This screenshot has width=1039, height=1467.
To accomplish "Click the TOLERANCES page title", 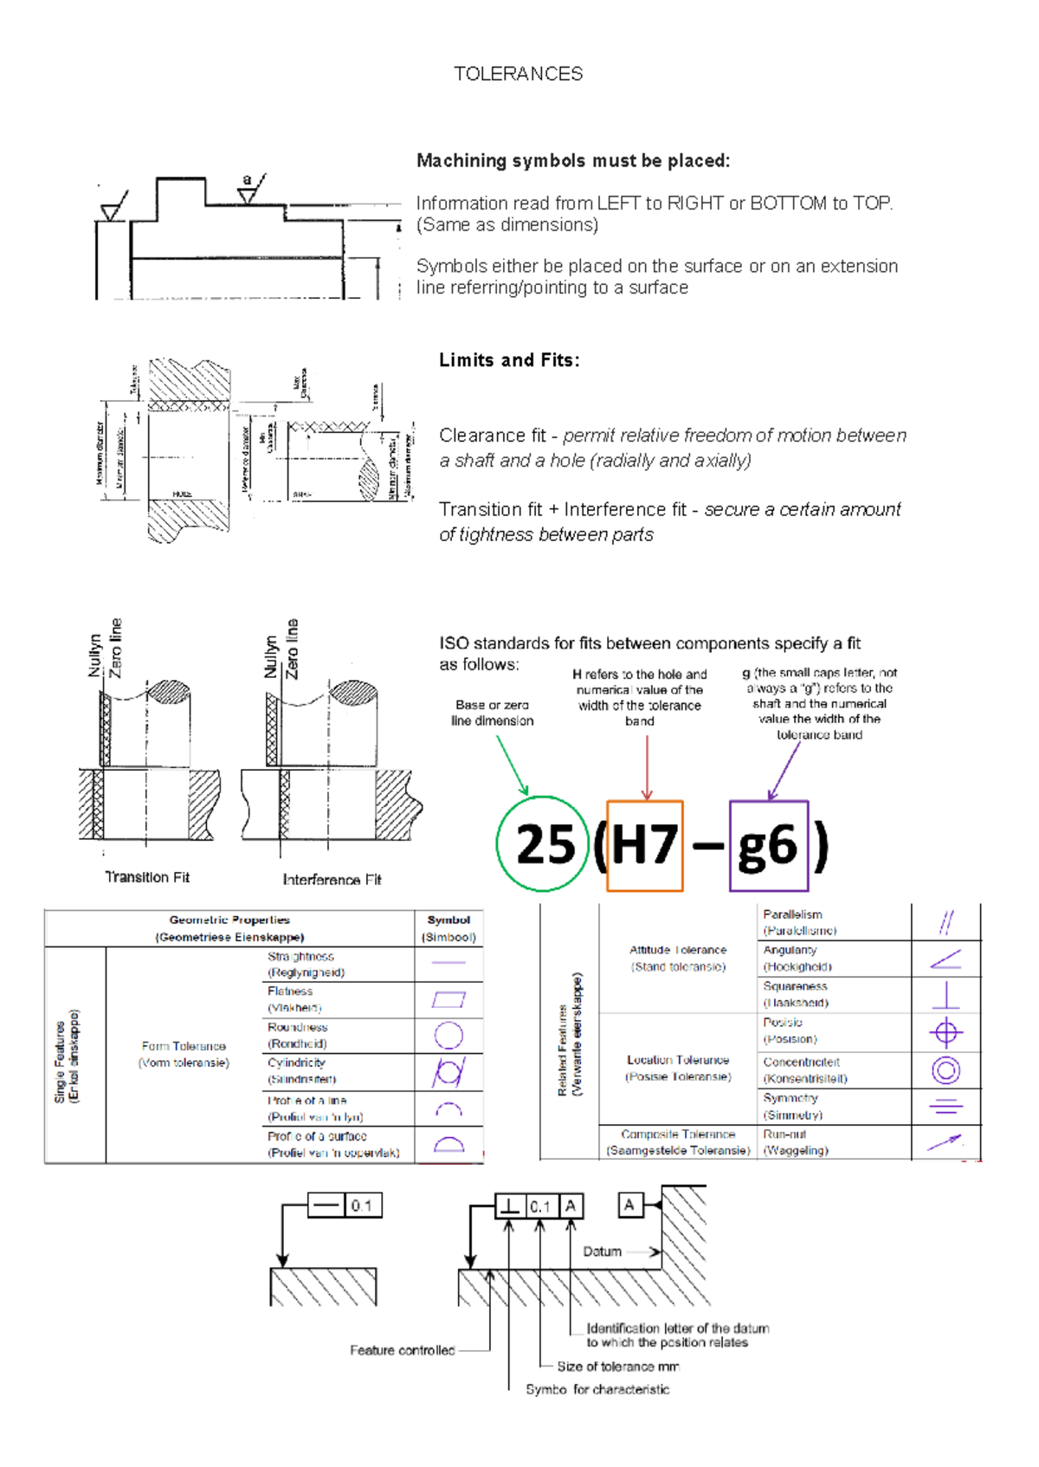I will (x=518, y=74).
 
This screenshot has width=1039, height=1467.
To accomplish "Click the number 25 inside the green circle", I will (x=545, y=844).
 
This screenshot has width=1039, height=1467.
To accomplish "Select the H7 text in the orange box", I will (x=645, y=844).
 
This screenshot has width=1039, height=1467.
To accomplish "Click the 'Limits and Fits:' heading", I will (x=509, y=360).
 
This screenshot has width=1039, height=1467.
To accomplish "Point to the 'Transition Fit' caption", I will (x=147, y=877).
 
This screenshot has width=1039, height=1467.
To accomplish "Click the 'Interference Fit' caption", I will (x=332, y=880).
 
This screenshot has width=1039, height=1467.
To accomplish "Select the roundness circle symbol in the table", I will (x=448, y=1035).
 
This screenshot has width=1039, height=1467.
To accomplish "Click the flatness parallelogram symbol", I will (x=449, y=999).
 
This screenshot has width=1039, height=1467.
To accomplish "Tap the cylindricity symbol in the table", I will (x=449, y=1072).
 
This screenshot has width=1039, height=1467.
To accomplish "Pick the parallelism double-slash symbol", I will (x=945, y=922).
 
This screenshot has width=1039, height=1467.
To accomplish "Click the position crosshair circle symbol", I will (x=945, y=1032).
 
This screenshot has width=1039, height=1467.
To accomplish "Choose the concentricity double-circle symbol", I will (x=945, y=1070).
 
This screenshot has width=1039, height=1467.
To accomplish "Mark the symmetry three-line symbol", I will (x=945, y=1106).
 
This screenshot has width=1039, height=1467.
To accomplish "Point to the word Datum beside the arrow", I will (x=602, y=1251).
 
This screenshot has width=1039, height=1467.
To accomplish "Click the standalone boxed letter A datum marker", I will (x=629, y=1205).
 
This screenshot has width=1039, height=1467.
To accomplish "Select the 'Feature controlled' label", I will (x=402, y=1350).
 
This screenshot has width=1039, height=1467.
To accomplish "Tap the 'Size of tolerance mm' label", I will (x=617, y=1367).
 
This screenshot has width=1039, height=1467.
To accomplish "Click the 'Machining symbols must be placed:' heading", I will (x=573, y=160).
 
